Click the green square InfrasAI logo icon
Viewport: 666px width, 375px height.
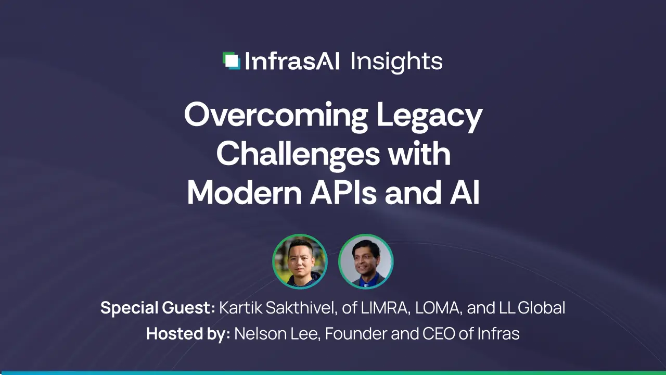(232, 61)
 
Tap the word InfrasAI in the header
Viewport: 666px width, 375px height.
(292, 61)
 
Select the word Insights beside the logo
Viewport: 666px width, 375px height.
(396, 62)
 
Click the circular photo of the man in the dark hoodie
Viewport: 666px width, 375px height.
(300, 261)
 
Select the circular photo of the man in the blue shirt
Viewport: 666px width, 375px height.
(366, 261)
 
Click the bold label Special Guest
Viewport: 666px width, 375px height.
(157, 308)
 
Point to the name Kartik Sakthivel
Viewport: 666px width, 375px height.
(278, 308)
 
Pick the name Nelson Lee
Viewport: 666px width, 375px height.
(276, 333)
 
